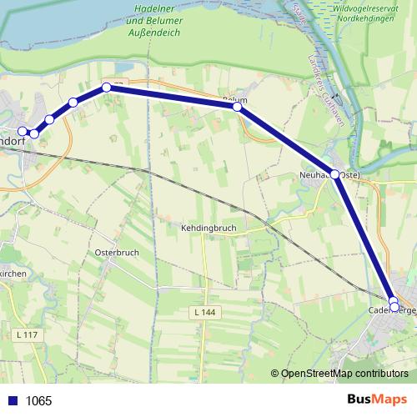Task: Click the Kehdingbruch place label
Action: coord(209,227)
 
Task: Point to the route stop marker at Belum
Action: coord(238,107)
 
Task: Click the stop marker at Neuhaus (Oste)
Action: coord(335,174)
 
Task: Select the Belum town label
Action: coord(235,99)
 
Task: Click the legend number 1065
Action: coord(38,401)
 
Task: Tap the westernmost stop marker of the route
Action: coord(23,131)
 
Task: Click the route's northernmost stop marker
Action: coord(107,87)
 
